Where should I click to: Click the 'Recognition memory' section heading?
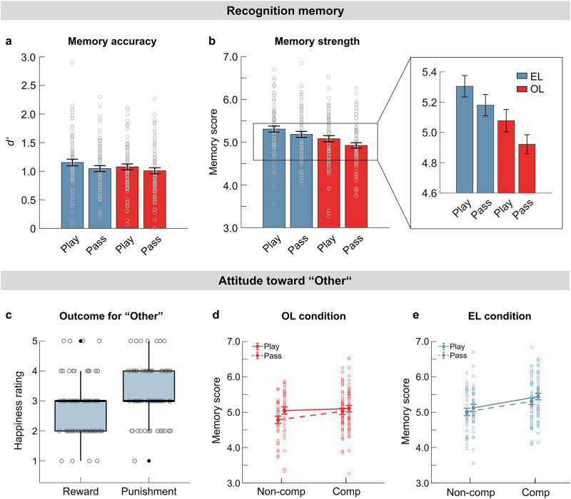285,11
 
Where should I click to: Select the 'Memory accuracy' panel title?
112,41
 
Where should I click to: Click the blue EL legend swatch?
522,76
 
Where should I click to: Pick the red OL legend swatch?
522,88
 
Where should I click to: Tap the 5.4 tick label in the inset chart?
429,73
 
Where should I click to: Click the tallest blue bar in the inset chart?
465,140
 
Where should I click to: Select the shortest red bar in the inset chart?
527,169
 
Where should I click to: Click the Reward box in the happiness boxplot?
81,416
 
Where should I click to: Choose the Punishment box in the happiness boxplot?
149,386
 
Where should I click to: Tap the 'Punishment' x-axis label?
149,491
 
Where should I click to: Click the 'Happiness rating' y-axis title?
19,410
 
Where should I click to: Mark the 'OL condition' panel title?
313,316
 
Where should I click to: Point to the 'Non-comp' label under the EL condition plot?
471,492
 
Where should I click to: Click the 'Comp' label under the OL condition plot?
346,492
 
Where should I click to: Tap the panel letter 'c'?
9,315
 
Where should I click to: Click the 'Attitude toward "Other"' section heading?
285,281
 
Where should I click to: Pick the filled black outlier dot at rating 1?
149,461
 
